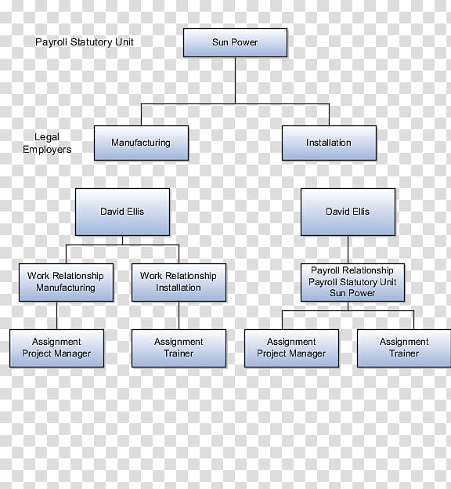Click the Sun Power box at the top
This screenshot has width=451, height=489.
tap(235, 43)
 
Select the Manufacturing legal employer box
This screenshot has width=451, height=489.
tap(141, 143)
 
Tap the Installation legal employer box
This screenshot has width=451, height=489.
tap(329, 143)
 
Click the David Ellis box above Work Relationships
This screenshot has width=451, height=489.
tap(122, 212)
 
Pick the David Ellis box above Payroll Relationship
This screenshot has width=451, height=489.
tap(348, 212)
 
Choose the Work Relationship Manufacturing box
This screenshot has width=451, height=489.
tap(66, 282)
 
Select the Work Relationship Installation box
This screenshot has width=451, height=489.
tap(179, 282)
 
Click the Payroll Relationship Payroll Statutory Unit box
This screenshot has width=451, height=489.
tap(352, 282)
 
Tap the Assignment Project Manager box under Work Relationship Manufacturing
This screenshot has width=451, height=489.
tap(56, 348)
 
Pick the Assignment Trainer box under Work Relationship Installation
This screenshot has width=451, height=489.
tap(179, 348)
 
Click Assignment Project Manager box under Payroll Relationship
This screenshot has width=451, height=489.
tap(291, 348)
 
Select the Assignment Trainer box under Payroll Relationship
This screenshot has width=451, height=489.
tap(404, 348)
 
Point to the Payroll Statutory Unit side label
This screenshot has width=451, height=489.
tap(84, 42)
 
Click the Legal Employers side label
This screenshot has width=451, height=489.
tap(47, 143)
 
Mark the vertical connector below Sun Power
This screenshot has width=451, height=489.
tap(236, 81)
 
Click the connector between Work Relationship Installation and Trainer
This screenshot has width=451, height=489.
tap(179, 315)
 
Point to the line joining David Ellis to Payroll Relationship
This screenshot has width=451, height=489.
tap(348, 249)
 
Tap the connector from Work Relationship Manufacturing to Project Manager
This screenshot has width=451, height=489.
tap(56, 315)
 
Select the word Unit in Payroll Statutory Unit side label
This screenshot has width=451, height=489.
tap(124, 42)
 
